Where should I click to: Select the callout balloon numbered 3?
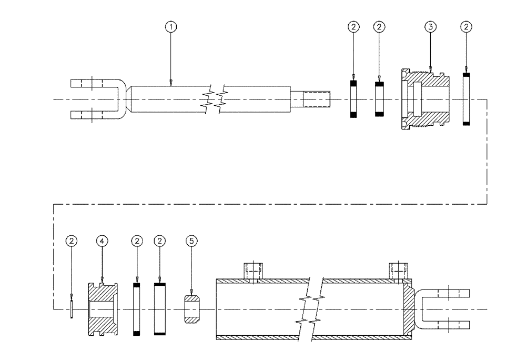(430, 26)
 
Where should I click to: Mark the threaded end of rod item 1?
(316, 99)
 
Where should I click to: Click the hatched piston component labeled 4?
(102, 309)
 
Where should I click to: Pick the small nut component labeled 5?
(192, 309)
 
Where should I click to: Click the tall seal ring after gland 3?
(466, 99)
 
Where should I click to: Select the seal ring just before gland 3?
(379, 99)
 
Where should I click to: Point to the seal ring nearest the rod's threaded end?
(353, 99)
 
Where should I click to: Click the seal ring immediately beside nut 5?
(160, 309)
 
